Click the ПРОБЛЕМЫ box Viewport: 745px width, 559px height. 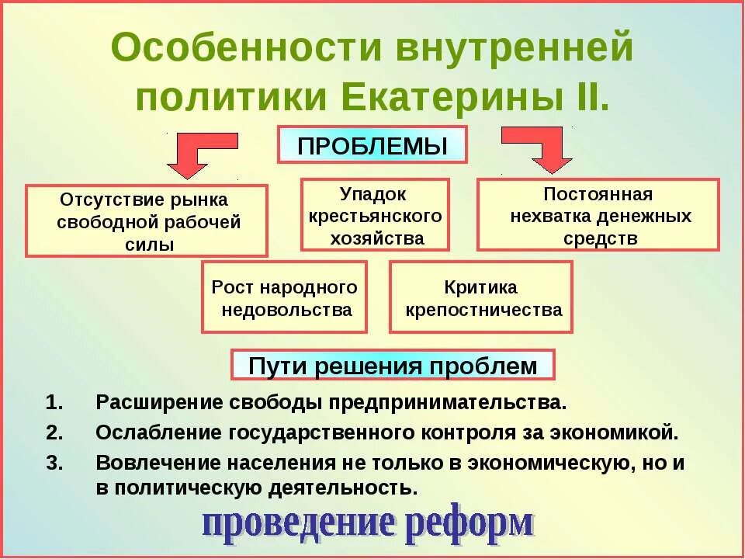pos(372,145)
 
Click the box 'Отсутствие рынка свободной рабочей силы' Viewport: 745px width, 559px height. pos(147,220)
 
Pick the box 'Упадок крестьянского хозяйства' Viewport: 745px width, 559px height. pos(374,215)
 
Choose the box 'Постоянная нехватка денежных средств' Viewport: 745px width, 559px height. pos(598,215)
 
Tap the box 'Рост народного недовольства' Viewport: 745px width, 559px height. pos(284,297)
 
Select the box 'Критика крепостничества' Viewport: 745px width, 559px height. pos(480,297)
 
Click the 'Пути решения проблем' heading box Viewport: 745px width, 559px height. pos(393,365)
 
